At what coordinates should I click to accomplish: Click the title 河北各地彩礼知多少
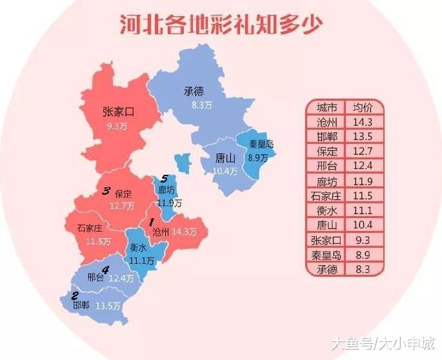click(221, 25)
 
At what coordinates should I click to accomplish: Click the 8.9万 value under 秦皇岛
click(258, 157)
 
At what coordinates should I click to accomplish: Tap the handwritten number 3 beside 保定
click(106, 191)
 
